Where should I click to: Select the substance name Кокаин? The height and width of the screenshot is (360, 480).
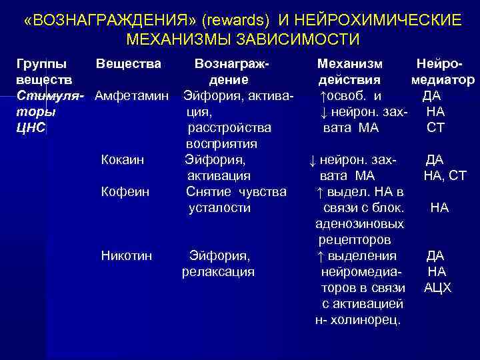[x=122, y=160]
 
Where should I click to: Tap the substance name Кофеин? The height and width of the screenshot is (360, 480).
[x=124, y=192]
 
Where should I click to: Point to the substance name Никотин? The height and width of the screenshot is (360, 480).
[x=126, y=256]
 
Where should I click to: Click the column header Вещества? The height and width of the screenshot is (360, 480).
[x=128, y=64]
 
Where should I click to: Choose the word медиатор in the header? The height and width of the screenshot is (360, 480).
[x=443, y=80]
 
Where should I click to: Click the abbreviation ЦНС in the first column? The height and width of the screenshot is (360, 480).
[x=30, y=128]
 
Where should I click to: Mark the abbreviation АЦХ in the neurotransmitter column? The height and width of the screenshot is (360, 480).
[x=438, y=288]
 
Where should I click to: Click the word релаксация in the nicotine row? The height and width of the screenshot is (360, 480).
[x=218, y=272]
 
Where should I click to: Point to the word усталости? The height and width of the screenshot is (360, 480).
[x=219, y=208]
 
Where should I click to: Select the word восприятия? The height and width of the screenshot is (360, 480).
[x=221, y=144]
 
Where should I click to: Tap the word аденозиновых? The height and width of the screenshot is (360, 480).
[x=359, y=224]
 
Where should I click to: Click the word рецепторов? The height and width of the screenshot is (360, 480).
[x=355, y=240]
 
